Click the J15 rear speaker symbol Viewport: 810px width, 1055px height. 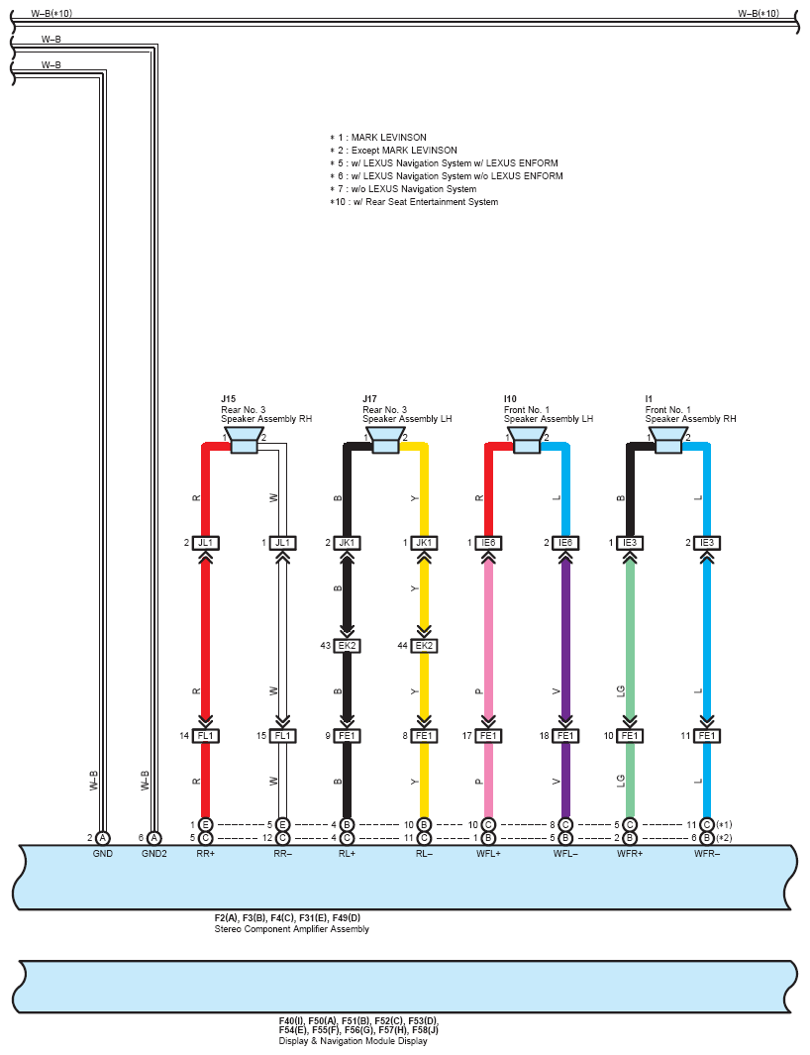click(244, 440)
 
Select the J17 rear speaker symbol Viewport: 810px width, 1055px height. click(385, 440)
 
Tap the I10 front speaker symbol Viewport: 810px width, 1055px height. click(527, 440)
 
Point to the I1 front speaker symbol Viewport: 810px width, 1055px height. click(668, 440)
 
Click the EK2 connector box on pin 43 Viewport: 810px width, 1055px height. click(347, 646)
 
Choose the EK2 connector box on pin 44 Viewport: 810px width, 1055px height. click(424, 646)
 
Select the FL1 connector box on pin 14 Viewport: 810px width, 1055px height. click(206, 736)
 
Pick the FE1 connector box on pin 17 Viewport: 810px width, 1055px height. click(488, 736)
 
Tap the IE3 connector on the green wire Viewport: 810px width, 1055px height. click(630, 543)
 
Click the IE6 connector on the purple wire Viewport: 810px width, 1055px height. click(565, 543)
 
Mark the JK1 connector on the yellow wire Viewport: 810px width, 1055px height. click(424, 543)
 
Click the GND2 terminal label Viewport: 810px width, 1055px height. click(153, 853)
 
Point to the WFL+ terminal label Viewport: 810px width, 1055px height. click(488, 853)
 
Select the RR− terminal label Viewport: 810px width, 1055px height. click(283, 853)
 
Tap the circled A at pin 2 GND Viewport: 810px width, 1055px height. click(104, 838)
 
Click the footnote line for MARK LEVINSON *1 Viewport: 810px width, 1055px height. click(379, 138)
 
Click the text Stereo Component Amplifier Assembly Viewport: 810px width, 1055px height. click(292, 929)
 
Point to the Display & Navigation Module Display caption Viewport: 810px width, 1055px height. click(353, 1041)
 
